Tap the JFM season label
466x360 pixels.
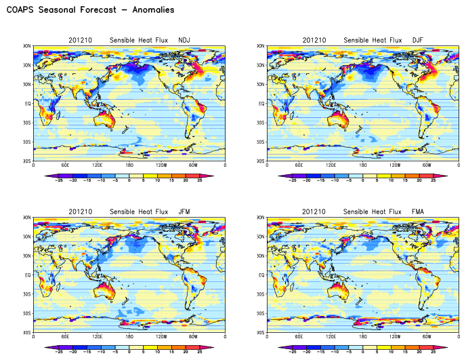click(x=184, y=212)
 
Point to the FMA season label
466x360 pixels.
click(x=417, y=212)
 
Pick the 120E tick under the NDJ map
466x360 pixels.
click(x=98, y=165)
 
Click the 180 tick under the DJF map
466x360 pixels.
click(x=363, y=165)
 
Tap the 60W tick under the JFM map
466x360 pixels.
click(x=194, y=337)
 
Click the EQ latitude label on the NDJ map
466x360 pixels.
click(x=28, y=104)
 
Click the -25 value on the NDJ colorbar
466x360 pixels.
click(x=59, y=181)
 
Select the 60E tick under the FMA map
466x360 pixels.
click(x=299, y=337)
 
